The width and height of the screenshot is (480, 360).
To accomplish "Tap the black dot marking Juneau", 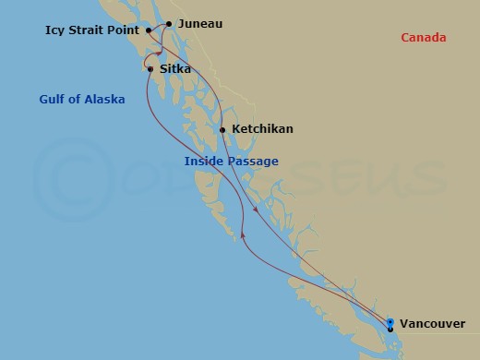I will coord(169,24).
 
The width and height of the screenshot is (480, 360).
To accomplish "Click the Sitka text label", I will coord(175,68).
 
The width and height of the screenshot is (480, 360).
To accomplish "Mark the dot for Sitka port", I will coord(150,68).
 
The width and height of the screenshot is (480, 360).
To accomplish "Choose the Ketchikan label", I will coord(262,129).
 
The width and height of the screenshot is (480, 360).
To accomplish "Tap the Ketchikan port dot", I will coord(222,129).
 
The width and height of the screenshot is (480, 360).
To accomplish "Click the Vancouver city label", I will coord(433,324).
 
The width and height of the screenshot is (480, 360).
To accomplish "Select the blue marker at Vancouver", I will coord(390,322).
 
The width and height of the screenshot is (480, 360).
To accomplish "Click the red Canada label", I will coord(424,38).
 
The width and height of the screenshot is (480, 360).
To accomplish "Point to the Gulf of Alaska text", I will coord(82,99).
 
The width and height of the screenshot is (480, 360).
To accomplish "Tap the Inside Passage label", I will coord(231,162).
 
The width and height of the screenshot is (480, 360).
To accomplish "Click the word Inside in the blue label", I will coord(203,162).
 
